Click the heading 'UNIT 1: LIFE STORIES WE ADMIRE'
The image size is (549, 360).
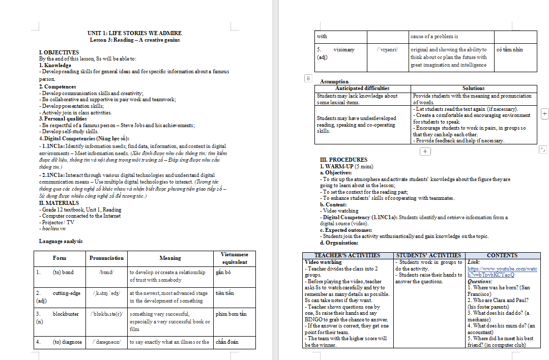[x=134, y=33]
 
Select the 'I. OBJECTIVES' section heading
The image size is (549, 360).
[x=59, y=52]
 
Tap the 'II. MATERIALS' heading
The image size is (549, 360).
[x=59, y=203]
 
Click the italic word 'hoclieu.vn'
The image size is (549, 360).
[x=54, y=228]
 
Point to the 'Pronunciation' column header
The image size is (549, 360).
[x=106, y=258]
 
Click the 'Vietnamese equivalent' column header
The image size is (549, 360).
[x=235, y=258]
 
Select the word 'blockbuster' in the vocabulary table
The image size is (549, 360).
[x=66, y=314]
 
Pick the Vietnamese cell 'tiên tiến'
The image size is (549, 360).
[x=224, y=293]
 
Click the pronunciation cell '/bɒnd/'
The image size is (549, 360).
[x=106, y=272]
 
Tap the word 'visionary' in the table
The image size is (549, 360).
[x=344, y=50]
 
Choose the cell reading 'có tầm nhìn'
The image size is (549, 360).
[x=509, y=50]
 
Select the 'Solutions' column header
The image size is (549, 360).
[x=473, y=88]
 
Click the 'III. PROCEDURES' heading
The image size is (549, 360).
[x=343, y=160]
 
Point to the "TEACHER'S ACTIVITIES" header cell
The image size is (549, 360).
[x=347, y=255]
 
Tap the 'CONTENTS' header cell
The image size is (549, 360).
[x=502, y=255]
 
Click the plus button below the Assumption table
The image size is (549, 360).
[x=425, y=151]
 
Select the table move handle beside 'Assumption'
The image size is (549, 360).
[x=308, y=78]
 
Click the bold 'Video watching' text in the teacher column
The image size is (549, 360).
[x=323, y=262]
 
